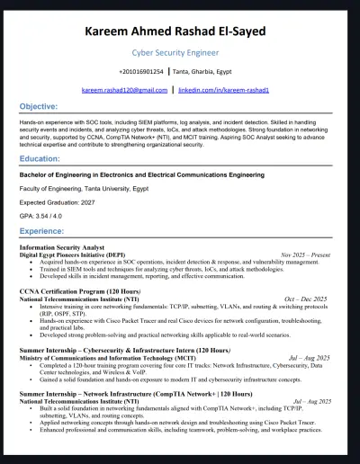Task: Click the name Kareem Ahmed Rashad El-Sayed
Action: point(180,33)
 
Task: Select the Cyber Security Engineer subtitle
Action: point(180,54)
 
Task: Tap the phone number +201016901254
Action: point(141,71)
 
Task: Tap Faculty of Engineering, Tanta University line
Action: point(85,190)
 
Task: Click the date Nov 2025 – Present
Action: point(305,255)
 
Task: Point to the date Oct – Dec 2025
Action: point(306,299)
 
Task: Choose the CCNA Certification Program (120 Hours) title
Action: point(80,291)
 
